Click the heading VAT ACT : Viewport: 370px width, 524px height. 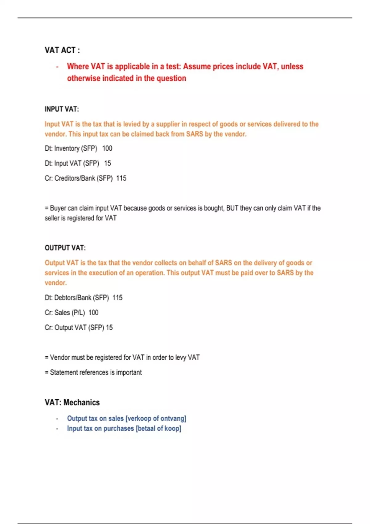62,50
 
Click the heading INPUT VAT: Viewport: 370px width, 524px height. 62,109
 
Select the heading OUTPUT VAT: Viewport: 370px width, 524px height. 65,248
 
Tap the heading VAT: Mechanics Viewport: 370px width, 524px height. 72,403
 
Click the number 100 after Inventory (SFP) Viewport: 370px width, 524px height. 107,149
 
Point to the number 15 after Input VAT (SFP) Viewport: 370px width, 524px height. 108,163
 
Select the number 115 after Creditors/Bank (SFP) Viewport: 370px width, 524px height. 121,178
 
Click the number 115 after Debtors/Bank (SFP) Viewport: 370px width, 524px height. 117,298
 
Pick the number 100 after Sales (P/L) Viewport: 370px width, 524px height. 93,313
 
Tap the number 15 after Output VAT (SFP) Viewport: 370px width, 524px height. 109,328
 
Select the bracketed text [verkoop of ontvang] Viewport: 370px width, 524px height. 156,419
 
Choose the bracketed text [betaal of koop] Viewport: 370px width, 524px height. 158,428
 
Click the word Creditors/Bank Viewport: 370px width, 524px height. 75,178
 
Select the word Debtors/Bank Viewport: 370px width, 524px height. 73,298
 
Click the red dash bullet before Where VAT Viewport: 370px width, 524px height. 57,67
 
